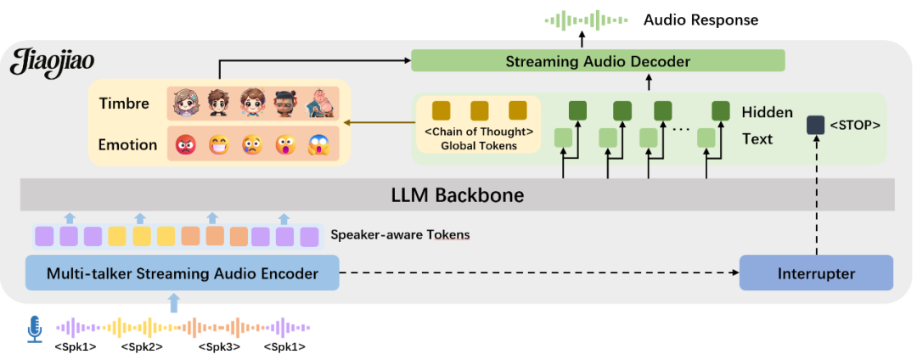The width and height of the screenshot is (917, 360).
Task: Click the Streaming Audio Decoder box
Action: click(598, 61)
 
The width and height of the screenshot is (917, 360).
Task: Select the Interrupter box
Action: click(816, 273)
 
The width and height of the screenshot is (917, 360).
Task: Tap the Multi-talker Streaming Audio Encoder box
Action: click(183, 273)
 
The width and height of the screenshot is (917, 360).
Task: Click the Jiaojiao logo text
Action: click(53, 62)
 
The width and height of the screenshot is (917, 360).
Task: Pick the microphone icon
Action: click(35, 329)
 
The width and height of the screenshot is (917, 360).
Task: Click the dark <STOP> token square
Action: click(815, 125)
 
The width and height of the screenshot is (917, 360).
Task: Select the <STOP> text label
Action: click(854, 125)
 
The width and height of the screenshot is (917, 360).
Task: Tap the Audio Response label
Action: click(700, 20)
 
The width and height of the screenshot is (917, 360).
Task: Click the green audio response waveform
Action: click(585, 20)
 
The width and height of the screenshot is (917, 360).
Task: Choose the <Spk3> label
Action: click(220, 346)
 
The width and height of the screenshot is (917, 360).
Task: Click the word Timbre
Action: click(124, 104)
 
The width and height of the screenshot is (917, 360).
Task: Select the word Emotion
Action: click(127, 144)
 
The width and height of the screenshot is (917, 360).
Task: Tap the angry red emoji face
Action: click(185, 145)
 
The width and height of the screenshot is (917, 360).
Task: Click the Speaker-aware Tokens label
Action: click(400, 234)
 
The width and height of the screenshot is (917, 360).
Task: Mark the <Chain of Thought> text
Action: click(479, 132)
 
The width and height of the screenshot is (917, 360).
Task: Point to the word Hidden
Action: click(767, 112)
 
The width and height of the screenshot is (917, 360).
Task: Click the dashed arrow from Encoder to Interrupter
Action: click(535, 273)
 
